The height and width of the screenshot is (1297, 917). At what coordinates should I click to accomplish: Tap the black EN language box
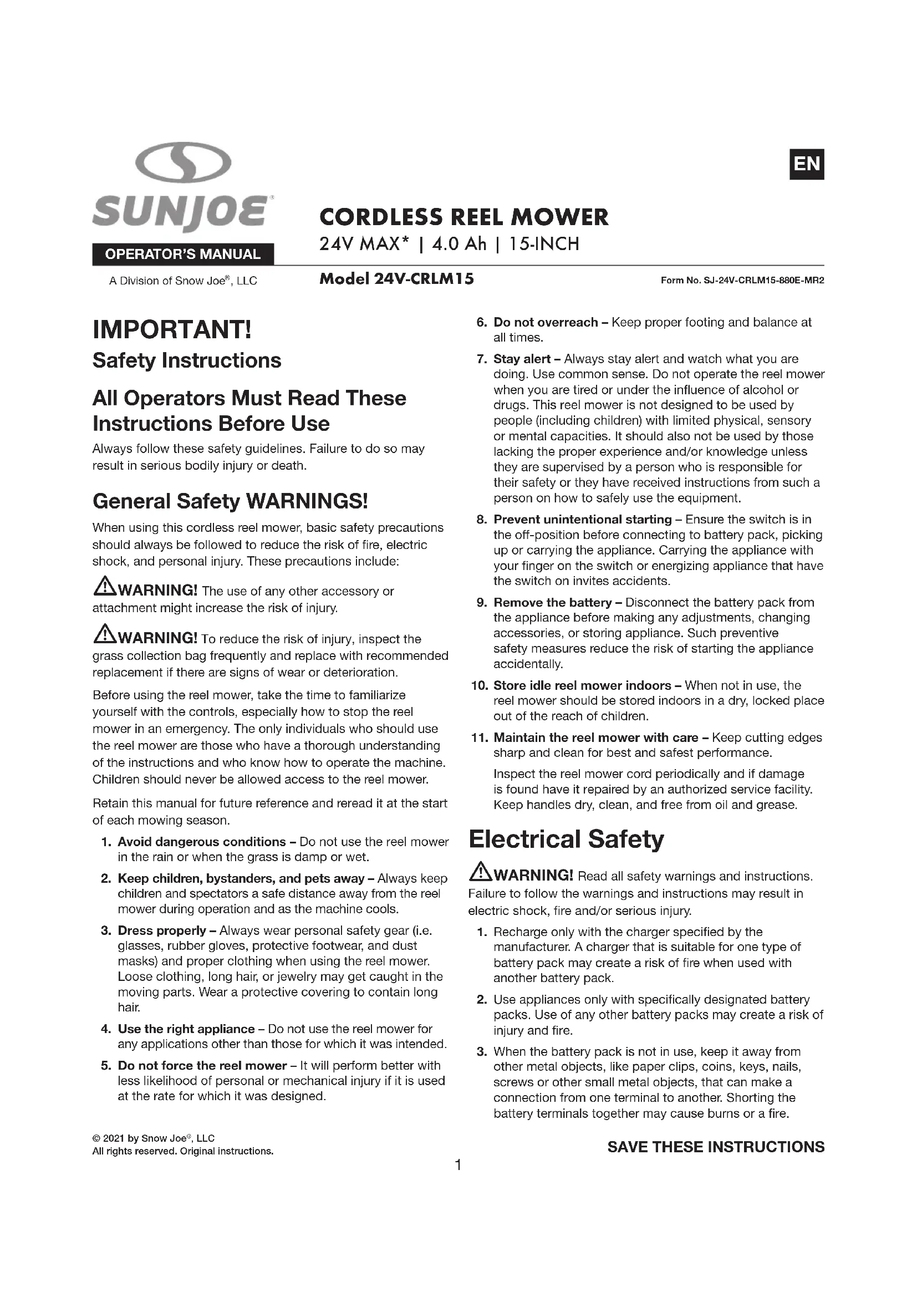pyautogui.click(x=806, y=164)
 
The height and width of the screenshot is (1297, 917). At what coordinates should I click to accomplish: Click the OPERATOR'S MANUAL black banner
pyautogui.click(x=183, y=254)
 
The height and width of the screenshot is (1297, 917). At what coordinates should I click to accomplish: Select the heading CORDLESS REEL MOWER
pyautogui.click(x=463, y=217)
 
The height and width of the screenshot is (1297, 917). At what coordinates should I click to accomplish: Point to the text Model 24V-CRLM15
pyautogui.click(x=396, y=279)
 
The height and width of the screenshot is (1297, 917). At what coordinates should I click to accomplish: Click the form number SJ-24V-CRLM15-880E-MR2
pyautogui.click(x=742, y=280)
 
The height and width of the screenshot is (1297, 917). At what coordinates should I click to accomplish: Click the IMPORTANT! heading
pyautogui.click(x=172, y=330)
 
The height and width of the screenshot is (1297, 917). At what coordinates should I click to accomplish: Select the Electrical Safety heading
pyautogui.click(x=566, y=840)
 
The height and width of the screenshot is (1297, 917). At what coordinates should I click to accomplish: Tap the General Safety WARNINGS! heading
pyautogui.click(x=230, y=501)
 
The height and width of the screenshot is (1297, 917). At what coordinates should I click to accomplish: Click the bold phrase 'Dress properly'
pyautogui.click(x=161, y=930)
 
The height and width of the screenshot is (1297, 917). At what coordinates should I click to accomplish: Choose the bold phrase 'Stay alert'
pyautogui.click(x=522, y=359)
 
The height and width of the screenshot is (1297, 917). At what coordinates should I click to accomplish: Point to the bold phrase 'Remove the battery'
pyautogui.click(x=552, y=603)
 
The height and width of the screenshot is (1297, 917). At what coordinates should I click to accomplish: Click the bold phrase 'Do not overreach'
pyautogui.click(x=545, y=323)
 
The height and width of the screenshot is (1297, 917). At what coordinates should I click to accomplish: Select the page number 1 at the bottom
pyautogui.click(x=458, y=1165)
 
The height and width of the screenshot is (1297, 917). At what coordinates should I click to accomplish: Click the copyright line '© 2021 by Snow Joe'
pyautogui.click(x=154, y=1138)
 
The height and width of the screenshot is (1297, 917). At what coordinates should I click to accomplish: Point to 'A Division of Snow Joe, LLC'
pyautogui.click(x=183, y=281)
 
